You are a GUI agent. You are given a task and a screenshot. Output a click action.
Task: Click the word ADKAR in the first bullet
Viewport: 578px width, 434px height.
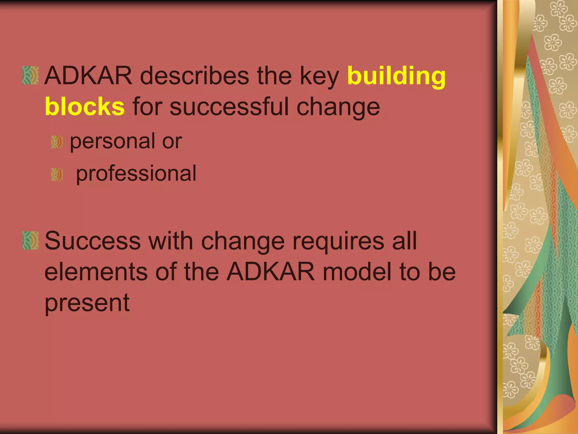coord(88,75)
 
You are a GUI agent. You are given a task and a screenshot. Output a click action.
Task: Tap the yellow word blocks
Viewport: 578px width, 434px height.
coord(85,107)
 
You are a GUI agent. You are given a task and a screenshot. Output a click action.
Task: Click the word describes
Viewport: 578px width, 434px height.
coord(194,75)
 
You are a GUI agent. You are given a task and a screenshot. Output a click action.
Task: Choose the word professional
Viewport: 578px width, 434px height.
coord(136,173)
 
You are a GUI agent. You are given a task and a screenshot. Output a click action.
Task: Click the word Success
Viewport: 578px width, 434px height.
coord(93,241)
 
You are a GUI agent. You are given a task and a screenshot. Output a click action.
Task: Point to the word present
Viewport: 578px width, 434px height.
coord(87,303)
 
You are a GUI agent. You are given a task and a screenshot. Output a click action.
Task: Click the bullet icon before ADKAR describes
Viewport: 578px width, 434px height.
coord(30,75)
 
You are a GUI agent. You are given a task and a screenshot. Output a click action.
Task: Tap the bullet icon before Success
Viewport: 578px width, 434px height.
coord(30,240)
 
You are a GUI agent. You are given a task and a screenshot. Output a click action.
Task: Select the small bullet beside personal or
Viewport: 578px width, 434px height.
coord(57,142)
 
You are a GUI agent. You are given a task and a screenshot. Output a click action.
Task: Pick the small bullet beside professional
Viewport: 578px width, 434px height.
coord(57,174)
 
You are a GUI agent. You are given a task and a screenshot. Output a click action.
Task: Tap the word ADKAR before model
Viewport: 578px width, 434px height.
coord(271,272)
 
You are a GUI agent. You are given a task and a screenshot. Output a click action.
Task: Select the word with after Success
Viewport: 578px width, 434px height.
coord(171,241)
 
